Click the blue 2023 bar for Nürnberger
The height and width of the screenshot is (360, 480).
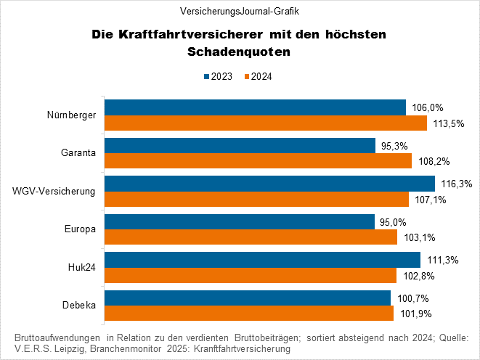tap(255, 108)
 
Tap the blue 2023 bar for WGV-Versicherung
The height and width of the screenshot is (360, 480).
tap(269, 184)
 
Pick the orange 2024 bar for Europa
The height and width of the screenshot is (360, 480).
tap(251, 237)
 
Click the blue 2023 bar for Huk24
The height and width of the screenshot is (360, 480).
tap(262, 259)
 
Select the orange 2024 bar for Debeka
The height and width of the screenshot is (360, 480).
tap(248, 313)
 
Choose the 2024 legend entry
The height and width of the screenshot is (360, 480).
tap(258, 76)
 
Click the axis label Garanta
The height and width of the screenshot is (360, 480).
tap(78, 153)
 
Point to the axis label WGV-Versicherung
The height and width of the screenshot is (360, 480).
tap(54, 192)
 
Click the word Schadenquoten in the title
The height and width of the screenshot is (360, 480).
tap(239, 52)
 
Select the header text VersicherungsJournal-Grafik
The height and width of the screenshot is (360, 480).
tap(240, 11)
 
